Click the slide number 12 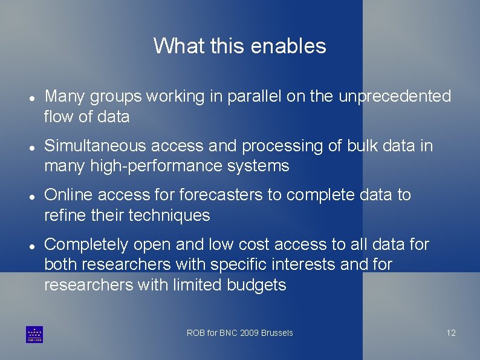pyautogui.click(x=451, y=333)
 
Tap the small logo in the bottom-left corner pyautogui.click(x=34, y=335)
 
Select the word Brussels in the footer pyautogui.click(x=277, y=333)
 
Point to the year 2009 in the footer pyautogui.click(x=249, y=333)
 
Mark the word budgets pyautogui.click(x=256, y=284)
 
